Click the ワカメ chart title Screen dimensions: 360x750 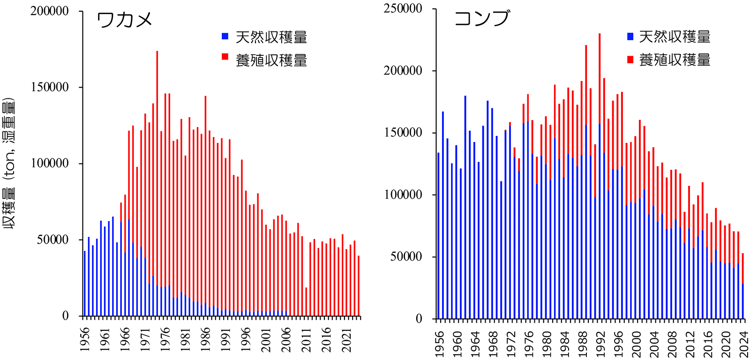tap(124, 20)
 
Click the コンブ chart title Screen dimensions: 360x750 tap(481, 19)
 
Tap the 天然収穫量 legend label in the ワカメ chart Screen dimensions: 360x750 tap(271, 37)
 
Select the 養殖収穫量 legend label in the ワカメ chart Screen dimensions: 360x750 tap(271, 60)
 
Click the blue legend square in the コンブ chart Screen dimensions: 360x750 tap(630, 36)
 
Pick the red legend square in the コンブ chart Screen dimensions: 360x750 tap(630, 60)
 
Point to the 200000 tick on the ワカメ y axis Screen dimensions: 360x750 tap(49, 11)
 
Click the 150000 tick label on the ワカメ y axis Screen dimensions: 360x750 tap(49, 88)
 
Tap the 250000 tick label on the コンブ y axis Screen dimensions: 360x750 tap(403, 9)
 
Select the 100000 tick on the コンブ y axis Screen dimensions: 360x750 tap(403, 195)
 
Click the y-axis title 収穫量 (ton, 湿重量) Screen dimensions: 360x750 tap(9, 163)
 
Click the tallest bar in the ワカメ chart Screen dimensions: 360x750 tap(157, 183)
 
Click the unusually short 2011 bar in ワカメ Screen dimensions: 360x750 tap(306, 302)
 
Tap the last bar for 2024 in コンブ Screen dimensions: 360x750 tap(742, 286)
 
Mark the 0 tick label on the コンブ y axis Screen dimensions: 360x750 tap(419, 319)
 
